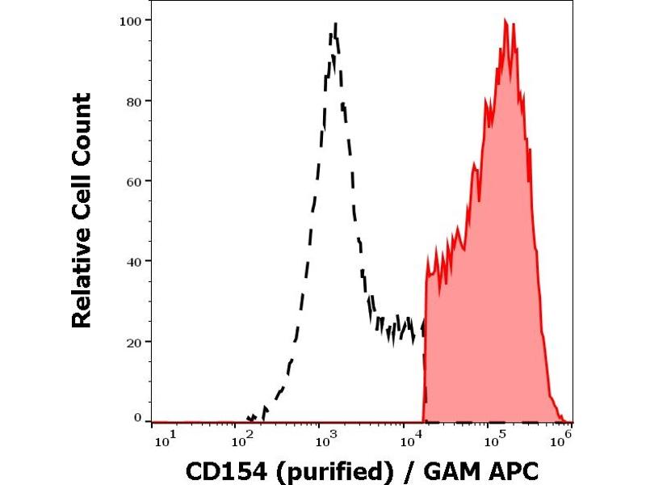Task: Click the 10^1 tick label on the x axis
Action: coord(163,440)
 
